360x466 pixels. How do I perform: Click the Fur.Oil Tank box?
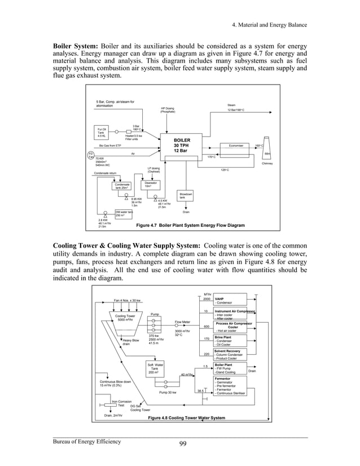pyautogui.click(x=102, y=133)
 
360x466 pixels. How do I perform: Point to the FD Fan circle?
pyautogui.click(x=90, y=155)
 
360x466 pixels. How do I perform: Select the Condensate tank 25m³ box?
pyautogui.click(x=122, y=186)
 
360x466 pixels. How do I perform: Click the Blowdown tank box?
pyautogui.click(x=185, y=196)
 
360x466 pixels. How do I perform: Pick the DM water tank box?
pyautogui.click(x=124, y=213)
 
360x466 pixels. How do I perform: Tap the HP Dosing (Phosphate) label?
pyautogui.click(x=168, y=110)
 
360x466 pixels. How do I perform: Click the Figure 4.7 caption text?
pyautogui.click(x=191, y=225)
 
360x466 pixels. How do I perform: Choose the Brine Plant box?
pyautogui.click(x=230, y=340)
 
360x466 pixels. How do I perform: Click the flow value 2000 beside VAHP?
pyautogui.click(x=207, y=299)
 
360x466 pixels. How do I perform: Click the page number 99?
pyautogui.click(x=180, y=443)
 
